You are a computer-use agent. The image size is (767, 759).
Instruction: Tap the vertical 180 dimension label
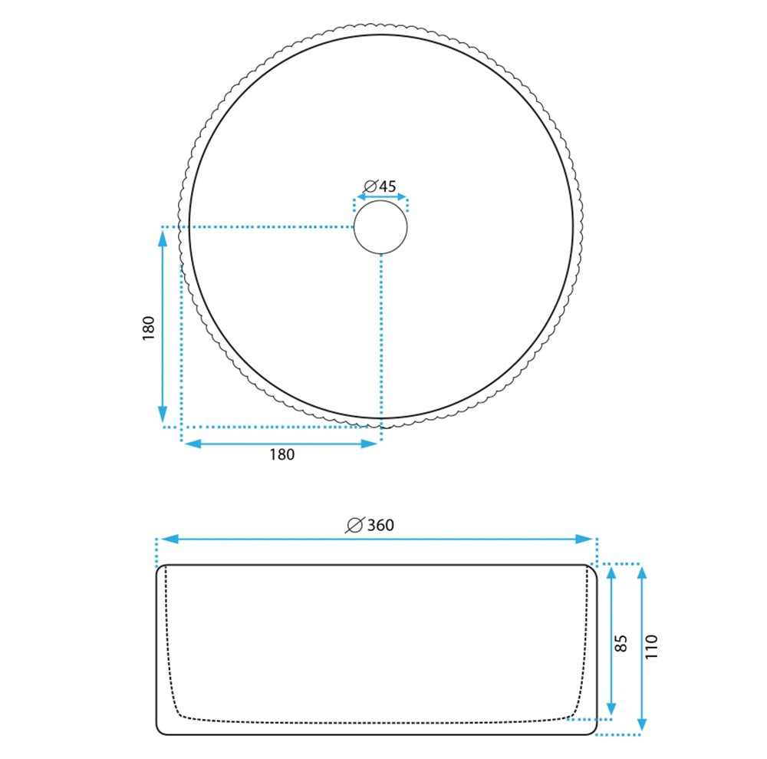(148, 328)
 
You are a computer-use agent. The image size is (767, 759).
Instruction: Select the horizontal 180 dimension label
(282, 454)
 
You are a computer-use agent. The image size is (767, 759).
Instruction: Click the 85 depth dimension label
(621, 644)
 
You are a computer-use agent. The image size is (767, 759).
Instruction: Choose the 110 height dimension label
(651, 647)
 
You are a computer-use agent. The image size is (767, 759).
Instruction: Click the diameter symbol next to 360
(354, 525)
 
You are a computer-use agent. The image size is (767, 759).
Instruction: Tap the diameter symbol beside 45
(370, 186)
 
